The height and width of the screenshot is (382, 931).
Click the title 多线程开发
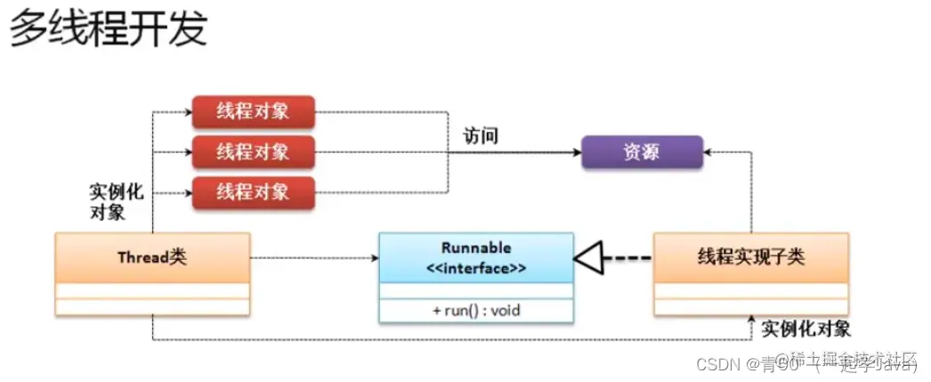(x=108, y=29)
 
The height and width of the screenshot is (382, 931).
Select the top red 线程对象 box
(x=254, y=112)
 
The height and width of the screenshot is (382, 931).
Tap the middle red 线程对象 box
(x=254, y=151)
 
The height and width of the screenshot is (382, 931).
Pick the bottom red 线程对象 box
(x=254, y=191)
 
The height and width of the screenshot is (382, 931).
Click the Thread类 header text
(x=151, y=257)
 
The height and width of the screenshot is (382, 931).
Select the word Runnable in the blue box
(x=476, y=248)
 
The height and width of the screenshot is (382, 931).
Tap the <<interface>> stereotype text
(x=476, y=267)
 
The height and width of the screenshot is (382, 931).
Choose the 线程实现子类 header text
(x=751, y=257)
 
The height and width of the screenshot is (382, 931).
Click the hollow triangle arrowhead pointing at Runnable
(x=588, y=258)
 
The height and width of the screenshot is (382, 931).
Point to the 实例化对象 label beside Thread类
(x=116, y=202)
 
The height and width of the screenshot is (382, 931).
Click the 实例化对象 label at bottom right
(x=806, y=329)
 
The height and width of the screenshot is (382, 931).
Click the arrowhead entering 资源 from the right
(x=708, y=152)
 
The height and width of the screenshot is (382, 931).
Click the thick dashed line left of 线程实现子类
(x=627, y=258)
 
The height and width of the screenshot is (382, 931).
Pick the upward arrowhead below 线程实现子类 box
(x=752, y=321)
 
